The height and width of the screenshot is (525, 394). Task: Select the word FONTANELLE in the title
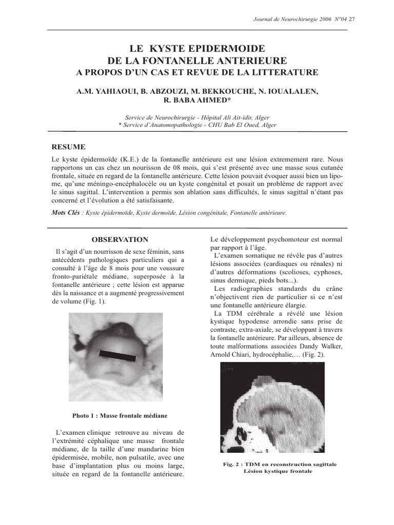point(195,60)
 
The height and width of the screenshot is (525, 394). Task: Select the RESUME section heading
point(69,147)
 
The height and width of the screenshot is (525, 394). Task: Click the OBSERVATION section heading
point(120,239)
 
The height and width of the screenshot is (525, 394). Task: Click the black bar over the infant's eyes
point(117,354)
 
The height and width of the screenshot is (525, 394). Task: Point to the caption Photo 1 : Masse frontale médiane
point(120,415)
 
